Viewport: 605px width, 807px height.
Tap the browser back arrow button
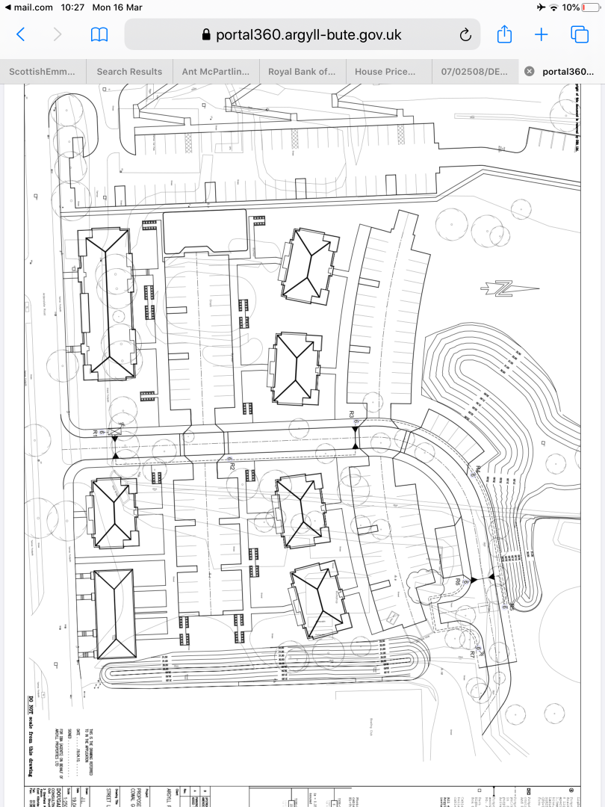pyautogui.click(x=21, y=34)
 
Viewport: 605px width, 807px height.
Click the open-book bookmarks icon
pyautogui.click(x=99, y=34)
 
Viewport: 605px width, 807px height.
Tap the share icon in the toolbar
pyautogui.click(x=504, y=34)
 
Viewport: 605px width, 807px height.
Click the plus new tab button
pyautogui.click(x=542, y=34)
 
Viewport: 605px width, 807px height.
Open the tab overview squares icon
pyautogui.click(x=580, y=34)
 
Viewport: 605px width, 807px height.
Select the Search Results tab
pyautogui.click(x=129, y=72)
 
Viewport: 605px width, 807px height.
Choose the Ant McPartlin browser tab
pyautogui.click(x=216, y=72)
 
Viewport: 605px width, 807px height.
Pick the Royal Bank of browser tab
pyautogui.click(x=302, y=72)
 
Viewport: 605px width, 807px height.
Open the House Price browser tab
pyautogui.click(x=389, y=72)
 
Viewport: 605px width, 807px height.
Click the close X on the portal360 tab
pyautogui.click(x=529, y=72)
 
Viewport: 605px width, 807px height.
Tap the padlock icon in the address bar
pyautogui.click(x=207, y=35)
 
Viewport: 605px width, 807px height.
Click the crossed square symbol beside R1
pyautogui.click(x=115, y=432)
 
